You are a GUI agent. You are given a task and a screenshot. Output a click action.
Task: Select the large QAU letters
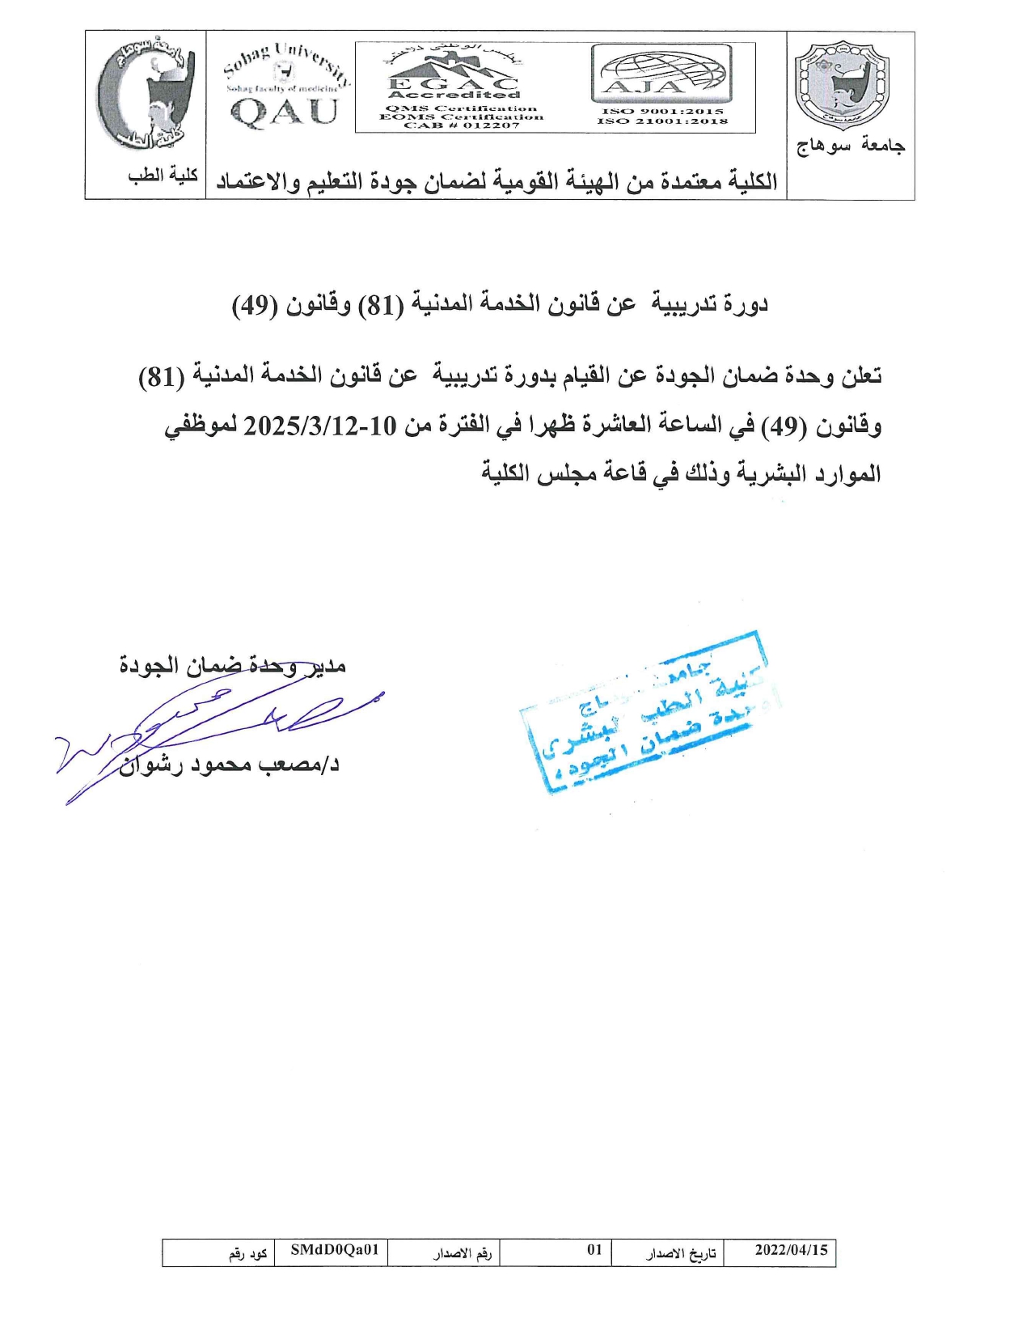click(x=285, y=112)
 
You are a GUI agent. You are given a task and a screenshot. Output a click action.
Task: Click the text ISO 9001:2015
click(x=662, y=112)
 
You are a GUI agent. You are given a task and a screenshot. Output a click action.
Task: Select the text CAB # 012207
click(x=461, y=125)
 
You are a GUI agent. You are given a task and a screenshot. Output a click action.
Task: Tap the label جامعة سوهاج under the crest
click(x=851, y=146)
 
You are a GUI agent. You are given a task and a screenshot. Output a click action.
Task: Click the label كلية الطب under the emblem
click(x=163, y=176)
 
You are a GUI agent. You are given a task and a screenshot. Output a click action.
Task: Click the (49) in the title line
click(x=256, y=305)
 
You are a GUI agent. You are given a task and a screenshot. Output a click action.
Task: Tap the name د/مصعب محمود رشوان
click(x=229, y=765)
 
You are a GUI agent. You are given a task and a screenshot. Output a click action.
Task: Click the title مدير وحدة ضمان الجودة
click(x=233, y=666)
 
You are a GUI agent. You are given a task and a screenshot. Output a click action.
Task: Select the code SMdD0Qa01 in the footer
click(x=335, y=1250)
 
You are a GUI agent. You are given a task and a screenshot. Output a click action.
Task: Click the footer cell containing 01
click(x=594, y=1250)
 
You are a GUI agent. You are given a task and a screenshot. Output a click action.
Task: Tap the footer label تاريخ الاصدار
click(x=681, y=1253)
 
